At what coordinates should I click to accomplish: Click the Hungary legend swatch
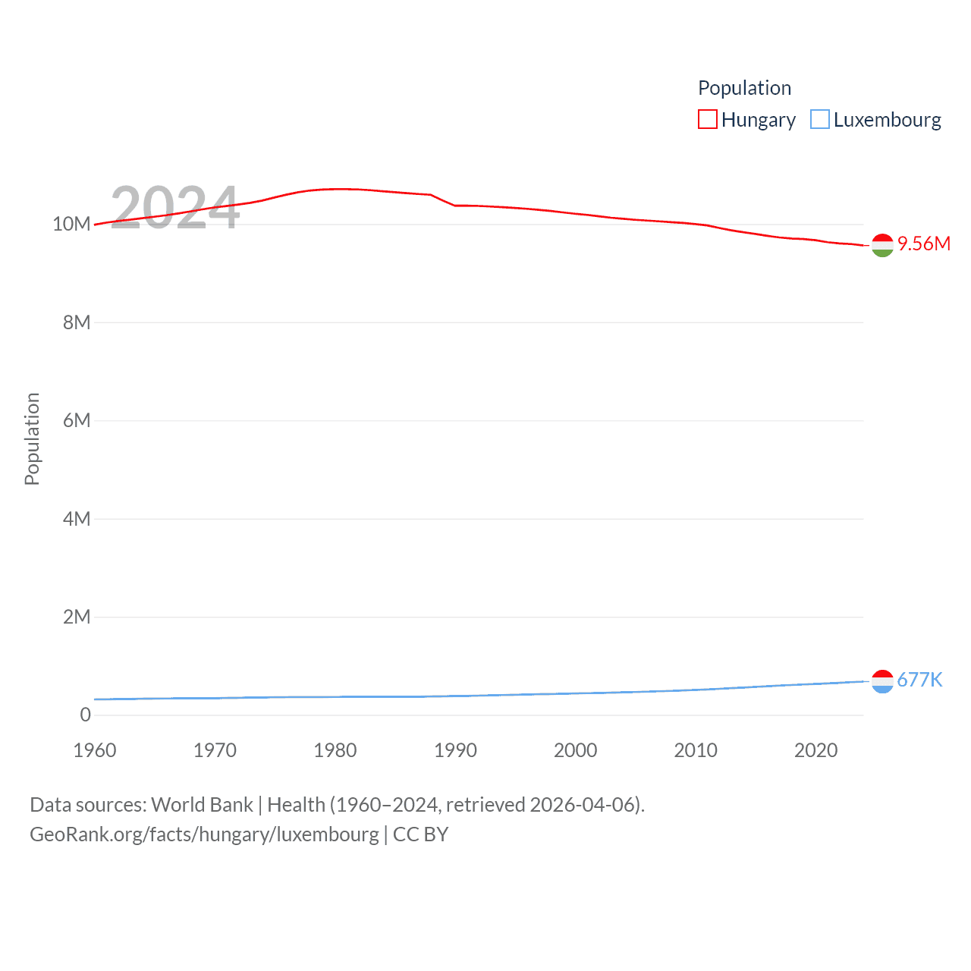[x=707, y=120]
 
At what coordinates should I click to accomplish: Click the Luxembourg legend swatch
[x=820, y=120]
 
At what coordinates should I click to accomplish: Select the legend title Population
[x=744, y=88]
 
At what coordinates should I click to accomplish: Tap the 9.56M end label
[x=923, y=244]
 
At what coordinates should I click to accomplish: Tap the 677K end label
[x=919, y=680]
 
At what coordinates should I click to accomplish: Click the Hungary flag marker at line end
[x=882, y=245]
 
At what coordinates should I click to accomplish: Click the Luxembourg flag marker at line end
[x=882, y=681]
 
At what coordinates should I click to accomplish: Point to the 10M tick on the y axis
[x=71, y=224]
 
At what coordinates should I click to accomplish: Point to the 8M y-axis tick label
[x=77, y=322]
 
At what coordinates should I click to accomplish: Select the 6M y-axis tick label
[x=77, y=420]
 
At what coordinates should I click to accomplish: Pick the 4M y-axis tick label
[x=77, y=519]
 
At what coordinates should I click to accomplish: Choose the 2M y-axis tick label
[x=77, y=617]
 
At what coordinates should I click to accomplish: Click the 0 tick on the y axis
[x=85, y=715]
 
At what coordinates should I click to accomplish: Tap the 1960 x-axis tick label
[x=95, y=750]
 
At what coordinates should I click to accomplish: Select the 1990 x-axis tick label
[x=455, y=750]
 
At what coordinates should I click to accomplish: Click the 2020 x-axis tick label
[x=815, y=750]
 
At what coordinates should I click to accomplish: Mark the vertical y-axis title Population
[x=32, y=438]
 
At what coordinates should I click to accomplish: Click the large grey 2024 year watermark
[x=175, y=208]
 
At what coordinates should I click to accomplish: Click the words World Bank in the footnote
[x=202, y=804]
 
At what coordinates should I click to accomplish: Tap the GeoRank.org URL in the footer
[x=204, y=834]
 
